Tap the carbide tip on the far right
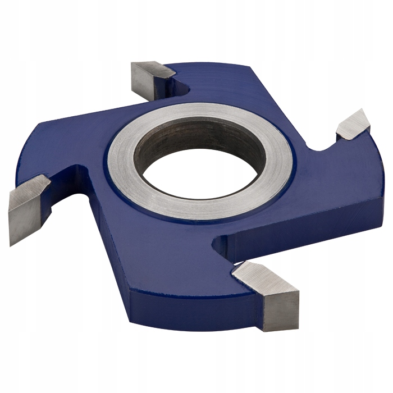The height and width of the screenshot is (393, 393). (x=353, y=125)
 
